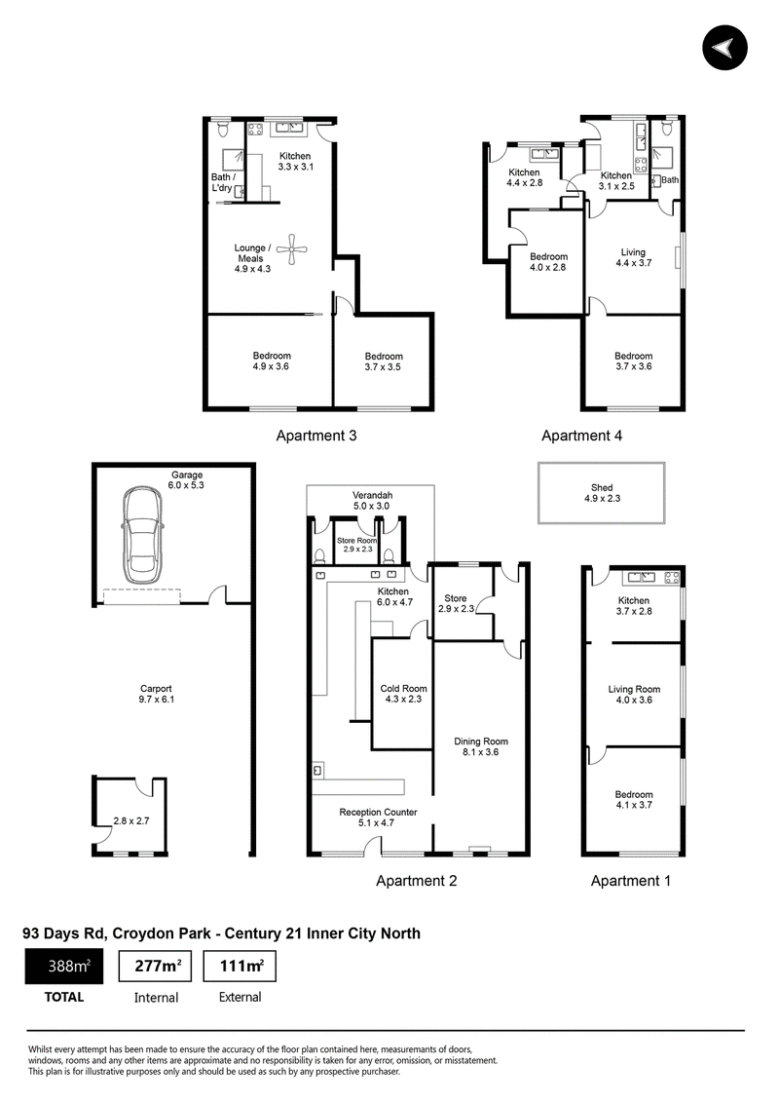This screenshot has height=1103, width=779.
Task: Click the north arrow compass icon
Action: coord(724,48)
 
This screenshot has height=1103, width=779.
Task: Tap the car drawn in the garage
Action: coord(146,536)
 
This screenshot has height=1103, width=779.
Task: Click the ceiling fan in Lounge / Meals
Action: coord(292,247)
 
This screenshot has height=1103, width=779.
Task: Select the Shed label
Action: coord(602,487)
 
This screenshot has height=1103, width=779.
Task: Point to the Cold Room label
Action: coord(403,689)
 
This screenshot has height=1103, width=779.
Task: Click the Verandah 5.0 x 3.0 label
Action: coord(372,501)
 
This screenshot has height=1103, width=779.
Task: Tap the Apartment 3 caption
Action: coord(315,436)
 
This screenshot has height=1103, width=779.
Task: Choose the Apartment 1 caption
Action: coord(631,881)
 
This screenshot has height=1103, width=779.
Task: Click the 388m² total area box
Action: coord(64,966)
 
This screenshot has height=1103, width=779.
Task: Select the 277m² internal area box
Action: coord(156,966)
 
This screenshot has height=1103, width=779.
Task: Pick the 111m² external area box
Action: coord(240,966)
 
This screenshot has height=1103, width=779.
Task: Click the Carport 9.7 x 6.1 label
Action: coord(156,695)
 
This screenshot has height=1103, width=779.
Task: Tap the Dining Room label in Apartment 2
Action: coord(481,742)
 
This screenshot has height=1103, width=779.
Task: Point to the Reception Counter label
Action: coord(378,812)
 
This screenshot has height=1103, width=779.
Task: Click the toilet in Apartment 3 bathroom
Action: coord(223,130)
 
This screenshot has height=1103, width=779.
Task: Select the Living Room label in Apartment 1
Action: coord(634,690)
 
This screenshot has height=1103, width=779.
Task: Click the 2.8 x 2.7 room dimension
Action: coord(131,821)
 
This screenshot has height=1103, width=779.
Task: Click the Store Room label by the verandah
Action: coord(356,541)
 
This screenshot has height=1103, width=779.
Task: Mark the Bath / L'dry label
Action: coord(223,182)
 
